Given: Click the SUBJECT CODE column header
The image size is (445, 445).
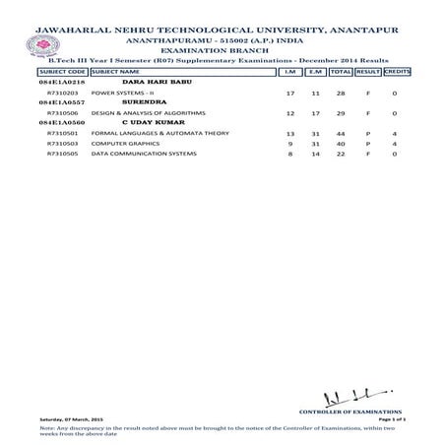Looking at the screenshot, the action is (62, 73).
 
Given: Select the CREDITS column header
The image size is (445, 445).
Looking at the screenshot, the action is (396, 73).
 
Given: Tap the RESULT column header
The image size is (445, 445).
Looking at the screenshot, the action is (367, 73).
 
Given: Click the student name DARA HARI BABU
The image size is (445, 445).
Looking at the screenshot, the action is (149, 82).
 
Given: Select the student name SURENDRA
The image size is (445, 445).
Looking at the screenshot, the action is (141, 101).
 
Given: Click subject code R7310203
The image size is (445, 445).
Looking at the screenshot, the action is (62, 92).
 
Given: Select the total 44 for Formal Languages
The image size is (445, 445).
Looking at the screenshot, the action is (341, 131).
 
